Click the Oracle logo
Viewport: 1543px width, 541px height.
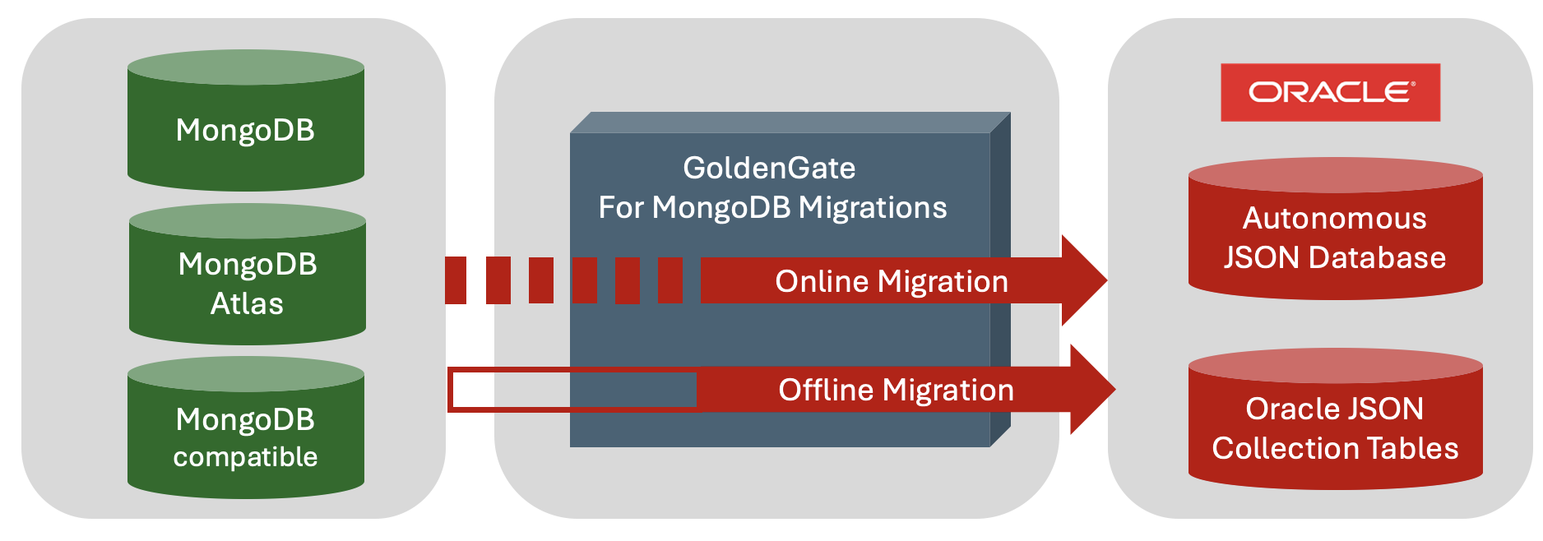(1330, 92)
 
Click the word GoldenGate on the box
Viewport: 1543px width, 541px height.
(769, 168)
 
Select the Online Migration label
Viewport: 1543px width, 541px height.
(891, 281)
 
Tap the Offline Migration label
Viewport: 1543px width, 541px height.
(896, 390)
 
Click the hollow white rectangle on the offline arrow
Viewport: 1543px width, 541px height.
(573, 390)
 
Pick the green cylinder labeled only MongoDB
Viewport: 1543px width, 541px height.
(245, 130)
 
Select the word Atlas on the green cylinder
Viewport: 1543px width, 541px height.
(247, 303)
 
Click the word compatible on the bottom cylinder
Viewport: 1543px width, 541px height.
(245, 456)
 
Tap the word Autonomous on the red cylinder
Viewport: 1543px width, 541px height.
(1334, 219)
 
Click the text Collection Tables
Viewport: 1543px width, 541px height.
(1335, 448)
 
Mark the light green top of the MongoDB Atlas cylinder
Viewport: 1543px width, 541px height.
(247, 220)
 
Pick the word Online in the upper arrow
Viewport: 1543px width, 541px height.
(822, 281)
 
